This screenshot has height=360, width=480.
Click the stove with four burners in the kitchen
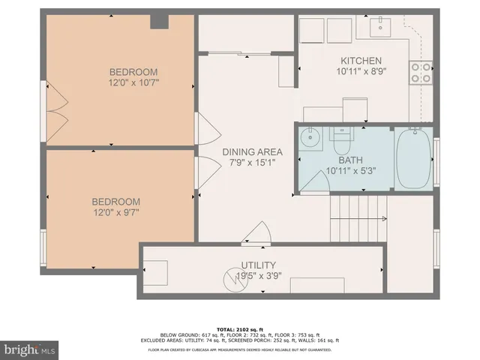tap(421, 71)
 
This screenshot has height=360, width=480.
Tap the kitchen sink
tap(382, 29)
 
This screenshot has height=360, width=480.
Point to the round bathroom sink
tap(310, 139)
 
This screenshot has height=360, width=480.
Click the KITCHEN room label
tap(361, 61)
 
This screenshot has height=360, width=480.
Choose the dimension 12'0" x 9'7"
tap(115, 212)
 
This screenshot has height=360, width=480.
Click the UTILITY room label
tap(258, 265)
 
